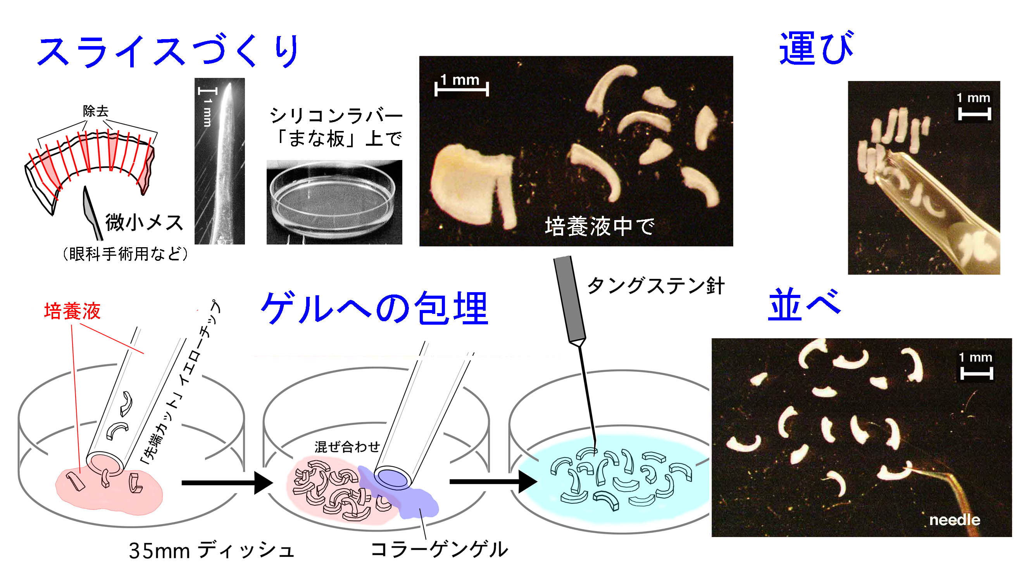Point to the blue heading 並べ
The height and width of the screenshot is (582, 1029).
[x=804, y=305]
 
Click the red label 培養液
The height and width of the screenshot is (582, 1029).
[x=72, y=311]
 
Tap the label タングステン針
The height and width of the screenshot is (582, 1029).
[x=656, y=286]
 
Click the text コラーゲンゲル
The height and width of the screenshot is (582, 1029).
[x=439, y=549]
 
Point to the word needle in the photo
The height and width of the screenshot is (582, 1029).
[x=955, y=520]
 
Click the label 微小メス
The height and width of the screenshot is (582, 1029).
[x=144, y=222]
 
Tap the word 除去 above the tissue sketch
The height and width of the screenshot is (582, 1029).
[x=96, y=111]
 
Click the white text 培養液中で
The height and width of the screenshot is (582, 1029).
[x=599, y=226]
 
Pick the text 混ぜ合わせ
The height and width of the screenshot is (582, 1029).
[x=347, y=446]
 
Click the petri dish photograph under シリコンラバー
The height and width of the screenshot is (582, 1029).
[x=334, y=202]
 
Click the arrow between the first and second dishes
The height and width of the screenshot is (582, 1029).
[x=227, y=483]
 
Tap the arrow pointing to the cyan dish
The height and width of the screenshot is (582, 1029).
[x=493, y=482]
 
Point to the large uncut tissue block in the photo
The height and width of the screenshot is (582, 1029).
[x=472, y=186]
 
